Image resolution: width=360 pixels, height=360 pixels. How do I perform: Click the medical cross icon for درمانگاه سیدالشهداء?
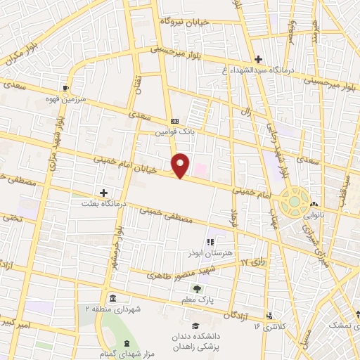click(x=258, y=60)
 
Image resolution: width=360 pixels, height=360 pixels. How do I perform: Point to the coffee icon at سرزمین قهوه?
click(x=66, y=88)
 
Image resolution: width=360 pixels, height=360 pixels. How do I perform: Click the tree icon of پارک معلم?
click(x=198, y=288)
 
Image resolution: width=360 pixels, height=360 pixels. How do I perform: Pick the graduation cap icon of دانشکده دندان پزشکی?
click(x=196, y=326)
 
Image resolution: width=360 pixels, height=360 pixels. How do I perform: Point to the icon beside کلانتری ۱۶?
click(x=269, y=315)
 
